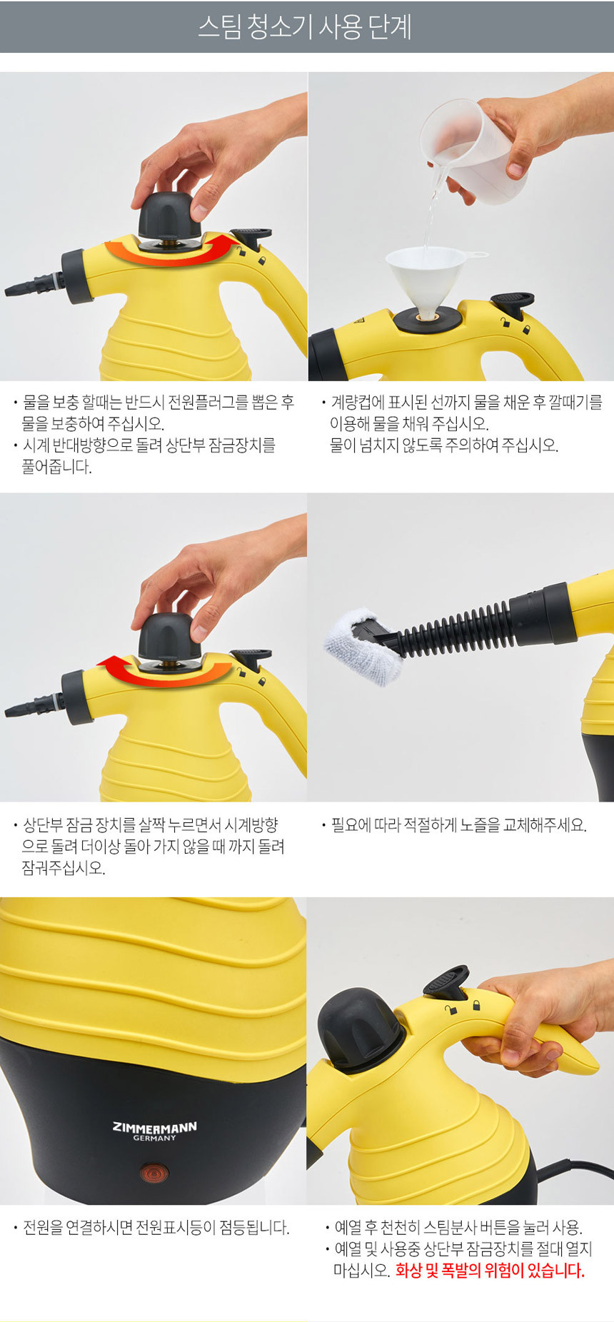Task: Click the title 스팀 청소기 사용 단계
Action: point(305,27)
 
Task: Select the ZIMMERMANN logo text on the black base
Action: point(154,1127)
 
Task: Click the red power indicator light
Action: point(153,1172)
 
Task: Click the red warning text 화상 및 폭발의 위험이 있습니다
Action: point(490,1271)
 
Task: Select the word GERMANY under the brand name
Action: point(154,1138)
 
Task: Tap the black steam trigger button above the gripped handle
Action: point(446,984)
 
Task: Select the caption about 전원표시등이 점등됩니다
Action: point(156,1228)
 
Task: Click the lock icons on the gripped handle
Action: point(463,1006)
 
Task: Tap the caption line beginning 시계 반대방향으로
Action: point(149,445)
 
